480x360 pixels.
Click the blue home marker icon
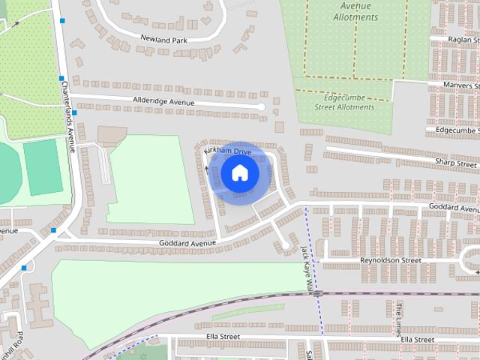[239, 173]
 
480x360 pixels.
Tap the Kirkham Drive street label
[228, 151]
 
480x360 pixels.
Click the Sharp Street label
[457, 163]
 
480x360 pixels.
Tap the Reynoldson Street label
[390, 260]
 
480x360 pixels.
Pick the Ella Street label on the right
[417, 340]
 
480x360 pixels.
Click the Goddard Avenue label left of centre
[187, 243]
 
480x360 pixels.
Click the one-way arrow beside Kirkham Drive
[207, 168]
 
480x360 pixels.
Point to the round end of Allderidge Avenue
[261, 107]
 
